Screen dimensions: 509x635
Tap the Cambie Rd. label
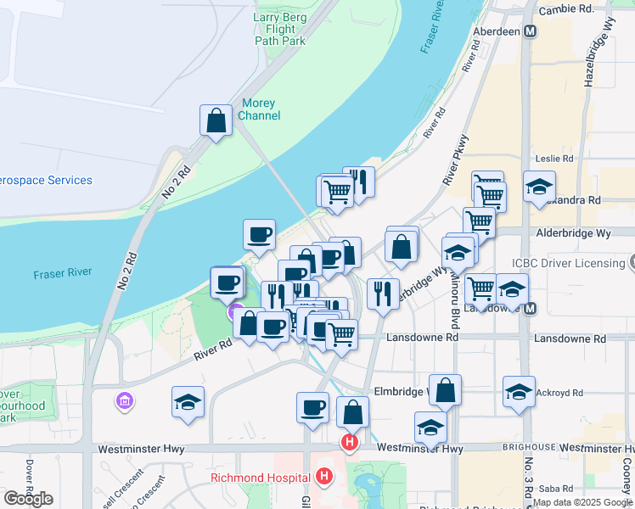click(x=568, y=9)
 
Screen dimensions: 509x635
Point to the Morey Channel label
click(x=259, y=109)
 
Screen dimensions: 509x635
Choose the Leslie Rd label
click(x=555, y=159)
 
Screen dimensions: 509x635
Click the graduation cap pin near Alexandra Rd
click(x=539, y=188)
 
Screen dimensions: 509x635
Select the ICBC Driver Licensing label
click(x=568, y=263)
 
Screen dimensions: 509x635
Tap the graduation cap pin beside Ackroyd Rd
click(x=519, y=393)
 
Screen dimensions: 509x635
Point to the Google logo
click(x=28, y=499)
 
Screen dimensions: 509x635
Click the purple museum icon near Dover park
click(x=126, y=400)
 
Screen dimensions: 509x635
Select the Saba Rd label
click(x=555, y=488)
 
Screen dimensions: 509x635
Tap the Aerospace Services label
click(x=46, y=180)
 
